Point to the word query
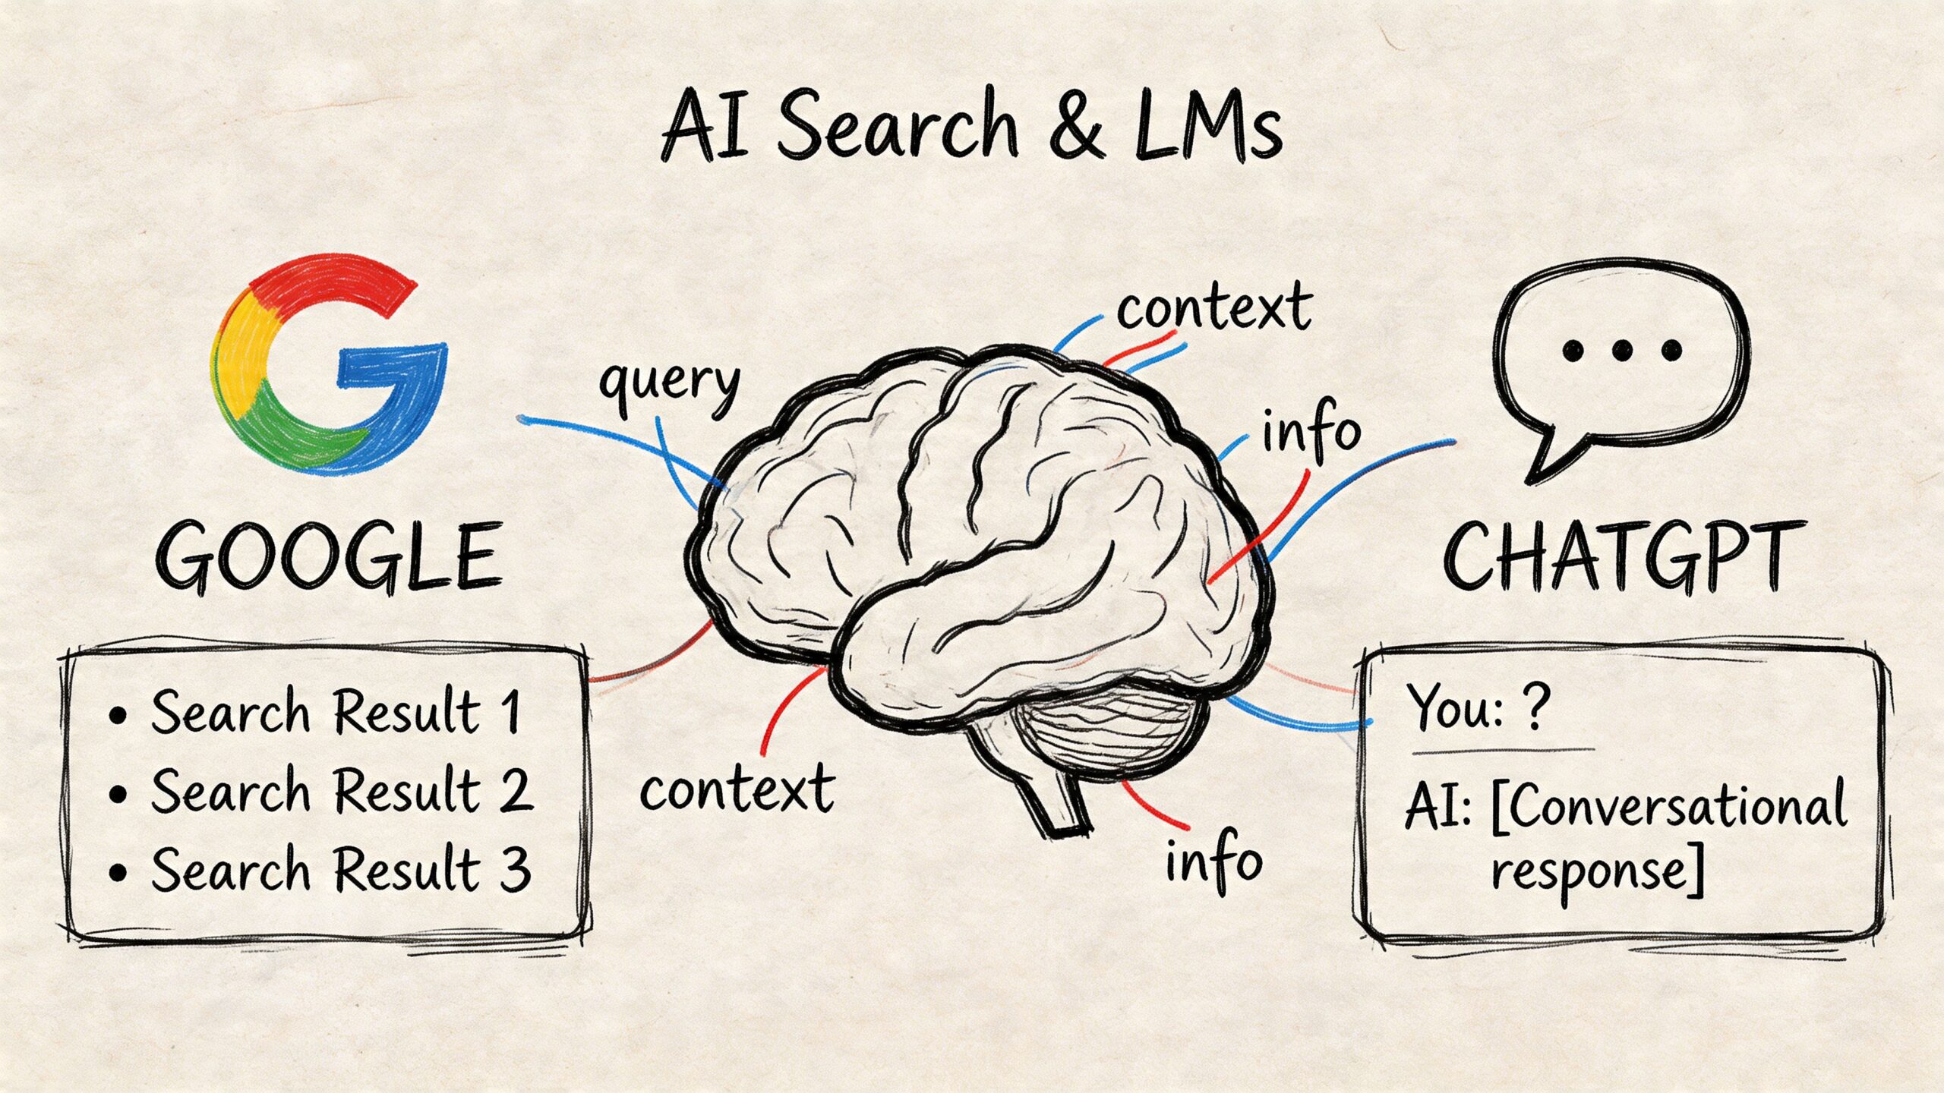(668, 383)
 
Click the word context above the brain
(1213, 307)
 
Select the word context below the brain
(737, 789)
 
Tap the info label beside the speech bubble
(1310, 431)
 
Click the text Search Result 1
(334, 712)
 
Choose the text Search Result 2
(340, 791)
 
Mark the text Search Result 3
(340, 869)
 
